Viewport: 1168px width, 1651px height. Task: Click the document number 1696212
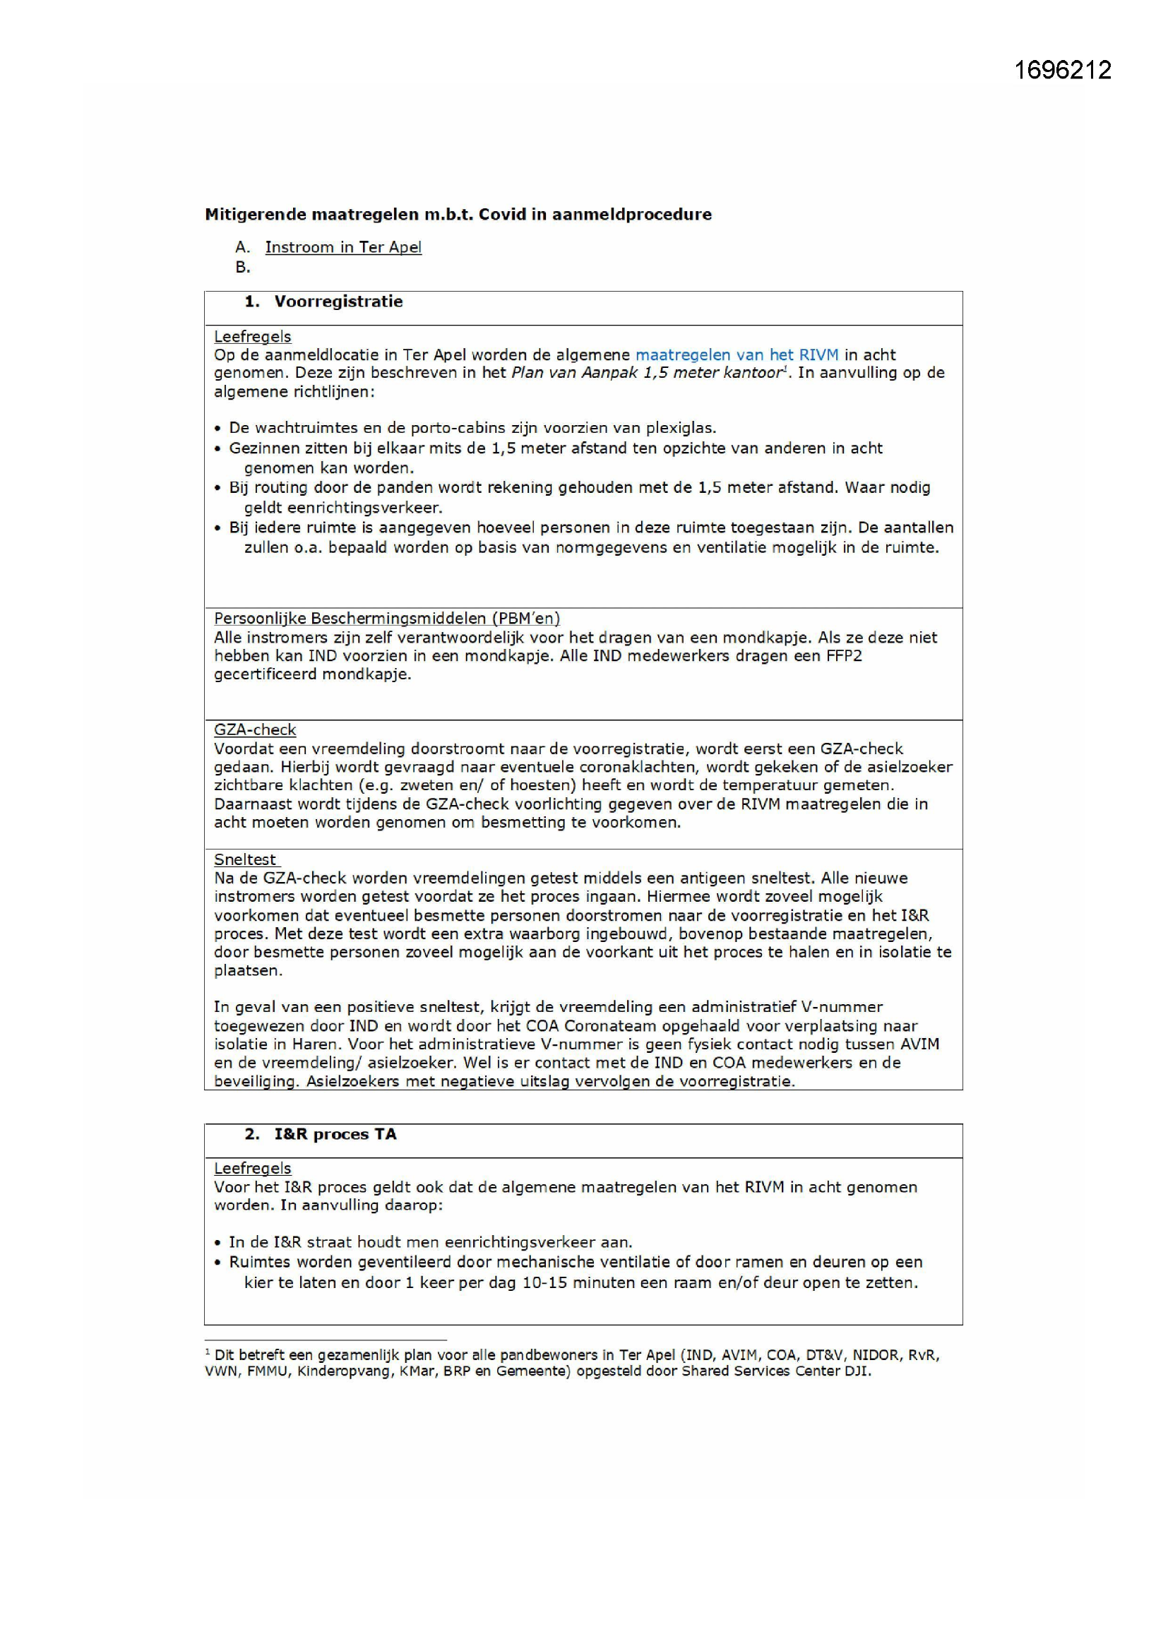click(1062, 70)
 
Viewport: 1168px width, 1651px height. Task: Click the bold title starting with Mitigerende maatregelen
click(458, 214)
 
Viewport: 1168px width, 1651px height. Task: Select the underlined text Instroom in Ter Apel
click(343, 247)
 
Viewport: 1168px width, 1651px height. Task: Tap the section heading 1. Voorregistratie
click(323, 302)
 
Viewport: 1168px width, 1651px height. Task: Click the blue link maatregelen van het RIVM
click(737, 354)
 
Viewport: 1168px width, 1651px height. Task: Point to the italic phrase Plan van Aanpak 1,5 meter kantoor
click(646, 373)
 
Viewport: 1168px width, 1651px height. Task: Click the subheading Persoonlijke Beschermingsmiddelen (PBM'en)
click(387, 619)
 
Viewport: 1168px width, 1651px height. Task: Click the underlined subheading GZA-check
click(255, 730)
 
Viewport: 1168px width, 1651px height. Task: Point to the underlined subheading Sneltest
click(245, 860)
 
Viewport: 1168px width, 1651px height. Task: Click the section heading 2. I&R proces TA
click(321, 1135)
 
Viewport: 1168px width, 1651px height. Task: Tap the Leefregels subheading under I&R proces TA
click(252, 1169)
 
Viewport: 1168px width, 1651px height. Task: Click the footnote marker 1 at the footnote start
click(208, 1352)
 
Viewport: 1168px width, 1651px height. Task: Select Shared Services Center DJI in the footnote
click(776, 1371)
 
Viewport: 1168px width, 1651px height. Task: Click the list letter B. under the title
click(242, 268)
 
